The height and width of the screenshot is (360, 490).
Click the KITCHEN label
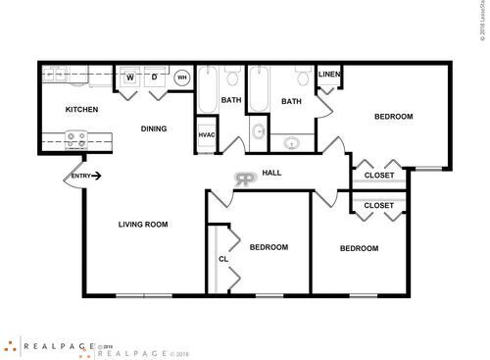(81, 109)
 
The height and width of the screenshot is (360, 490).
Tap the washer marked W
(129, 78)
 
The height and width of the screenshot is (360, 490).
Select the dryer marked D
(154, 78)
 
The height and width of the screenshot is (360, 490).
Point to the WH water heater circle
(182, 78)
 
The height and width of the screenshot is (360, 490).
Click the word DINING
(153, 129)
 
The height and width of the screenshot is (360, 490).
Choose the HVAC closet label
(207, 134)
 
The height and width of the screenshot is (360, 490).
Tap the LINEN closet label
(328, 75)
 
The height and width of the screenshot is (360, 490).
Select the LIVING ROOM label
(143, 225)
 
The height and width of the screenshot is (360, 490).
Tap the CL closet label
(222, 259)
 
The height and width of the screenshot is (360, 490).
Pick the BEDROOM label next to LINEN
(394, 117)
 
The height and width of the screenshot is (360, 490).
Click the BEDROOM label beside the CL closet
(269, 247)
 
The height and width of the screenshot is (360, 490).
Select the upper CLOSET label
(379, 176)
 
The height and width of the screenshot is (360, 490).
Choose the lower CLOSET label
(379, 206)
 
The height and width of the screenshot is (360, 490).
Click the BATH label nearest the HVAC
(231, 100)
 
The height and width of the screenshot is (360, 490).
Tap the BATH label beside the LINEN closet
(292, 101)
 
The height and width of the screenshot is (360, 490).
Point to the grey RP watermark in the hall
(242, 179)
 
